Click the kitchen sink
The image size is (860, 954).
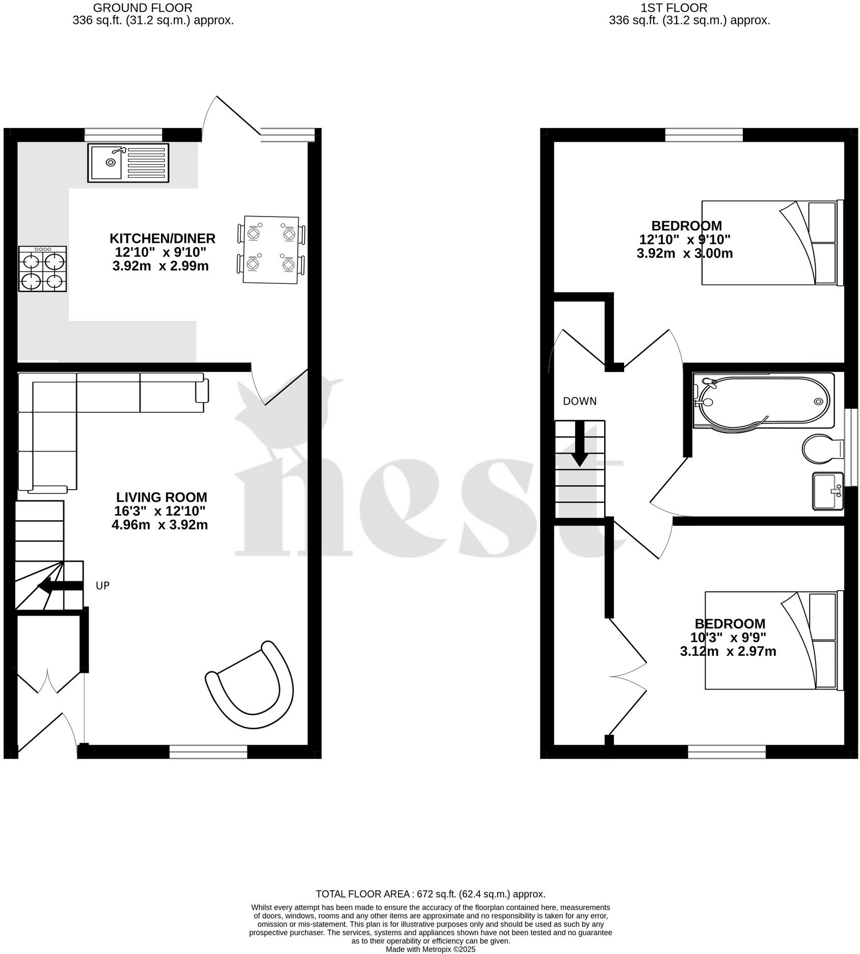[x=128, y=163]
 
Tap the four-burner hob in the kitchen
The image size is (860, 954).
[x=42, y=269]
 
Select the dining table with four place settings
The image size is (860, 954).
[x=271, y=249]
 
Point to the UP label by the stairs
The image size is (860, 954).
[x=103, y=586]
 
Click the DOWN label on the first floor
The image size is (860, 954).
[x=580, y=401]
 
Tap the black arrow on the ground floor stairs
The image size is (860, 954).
[x=61, y=586]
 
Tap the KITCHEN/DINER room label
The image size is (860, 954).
[x=163, y=238]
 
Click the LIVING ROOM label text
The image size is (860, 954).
[x=162, y=497]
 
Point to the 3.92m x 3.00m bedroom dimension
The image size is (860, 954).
[x=685, y=253]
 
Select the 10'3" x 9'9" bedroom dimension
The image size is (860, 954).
[x=728, y=637]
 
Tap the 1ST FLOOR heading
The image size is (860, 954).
[x=674, y=8]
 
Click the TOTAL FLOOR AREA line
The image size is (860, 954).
[x=431, y=894]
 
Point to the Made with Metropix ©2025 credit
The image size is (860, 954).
[x=431, y=949]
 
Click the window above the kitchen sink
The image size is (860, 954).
[x=123, y=135]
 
